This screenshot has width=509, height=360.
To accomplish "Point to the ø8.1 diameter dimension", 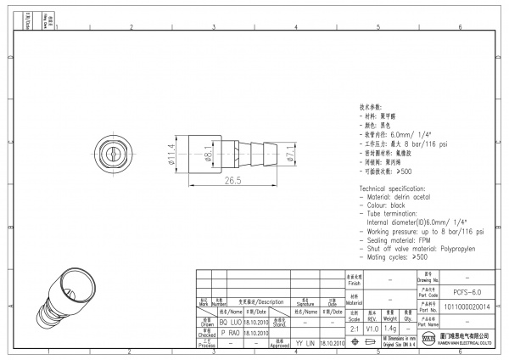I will point(210,154).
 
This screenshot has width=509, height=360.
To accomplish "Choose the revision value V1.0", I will point(372,329).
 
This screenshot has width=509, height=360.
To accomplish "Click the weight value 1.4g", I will point(390,329).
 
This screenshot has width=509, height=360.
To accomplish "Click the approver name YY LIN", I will point(305,343).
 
